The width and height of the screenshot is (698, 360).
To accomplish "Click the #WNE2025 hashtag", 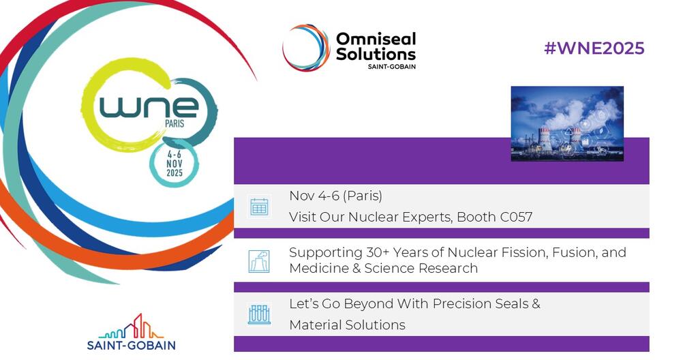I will tap(594, 48).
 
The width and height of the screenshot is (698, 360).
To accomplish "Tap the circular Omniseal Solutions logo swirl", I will tap(306, 48).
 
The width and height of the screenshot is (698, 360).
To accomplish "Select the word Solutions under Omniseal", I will tap(376, 54).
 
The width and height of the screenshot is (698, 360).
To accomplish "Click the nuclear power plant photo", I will tap(567, 123).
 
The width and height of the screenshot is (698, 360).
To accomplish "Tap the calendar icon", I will tap(259, 207).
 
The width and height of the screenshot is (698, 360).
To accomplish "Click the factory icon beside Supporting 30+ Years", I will tap(259, 260).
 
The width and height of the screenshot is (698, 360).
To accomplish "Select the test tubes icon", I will tap(259, 314).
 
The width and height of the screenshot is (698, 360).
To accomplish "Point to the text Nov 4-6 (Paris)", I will tap(335, 196).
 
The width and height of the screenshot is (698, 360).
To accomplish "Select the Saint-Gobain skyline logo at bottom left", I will tap(131, 332).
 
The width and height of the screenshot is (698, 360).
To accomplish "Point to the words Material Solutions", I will tap(347, 325).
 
